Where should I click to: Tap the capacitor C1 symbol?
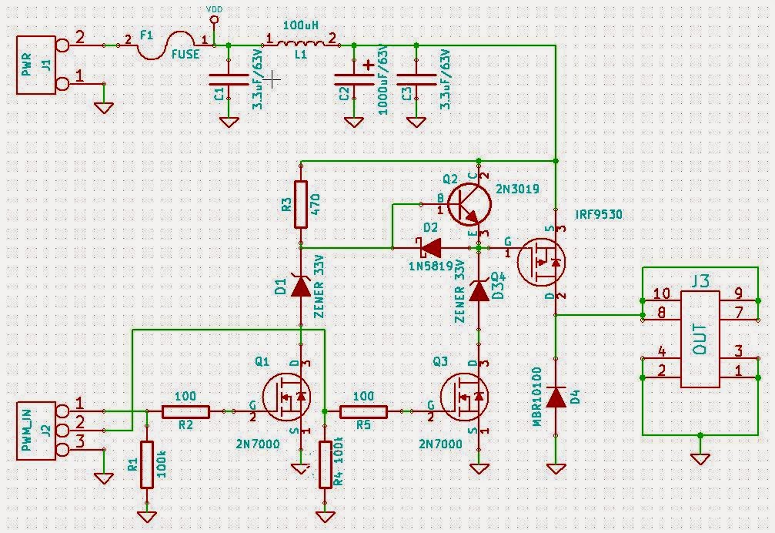229,80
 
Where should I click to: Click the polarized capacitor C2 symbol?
353,80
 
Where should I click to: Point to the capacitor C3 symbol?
416,80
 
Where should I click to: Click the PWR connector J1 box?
36,65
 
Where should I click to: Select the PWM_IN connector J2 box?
36,430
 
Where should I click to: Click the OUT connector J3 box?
699,338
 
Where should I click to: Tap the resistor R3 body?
300,205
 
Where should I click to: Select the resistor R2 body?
185,412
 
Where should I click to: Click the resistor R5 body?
363,412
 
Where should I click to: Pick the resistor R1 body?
147,464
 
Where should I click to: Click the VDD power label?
215,9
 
